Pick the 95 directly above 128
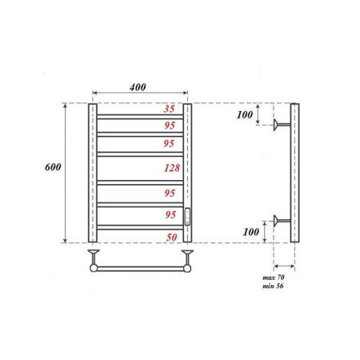click(x=169, y=145)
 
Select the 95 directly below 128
click(x=169, y=193)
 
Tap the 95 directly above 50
click(x=169, y=215)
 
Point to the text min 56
click(x=274, y=286)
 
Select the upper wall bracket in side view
click(x=282, y=125)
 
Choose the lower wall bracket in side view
click(x=282, y=220)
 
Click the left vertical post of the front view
click(x=92, y=172)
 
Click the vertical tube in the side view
click(x=294, y=172)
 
